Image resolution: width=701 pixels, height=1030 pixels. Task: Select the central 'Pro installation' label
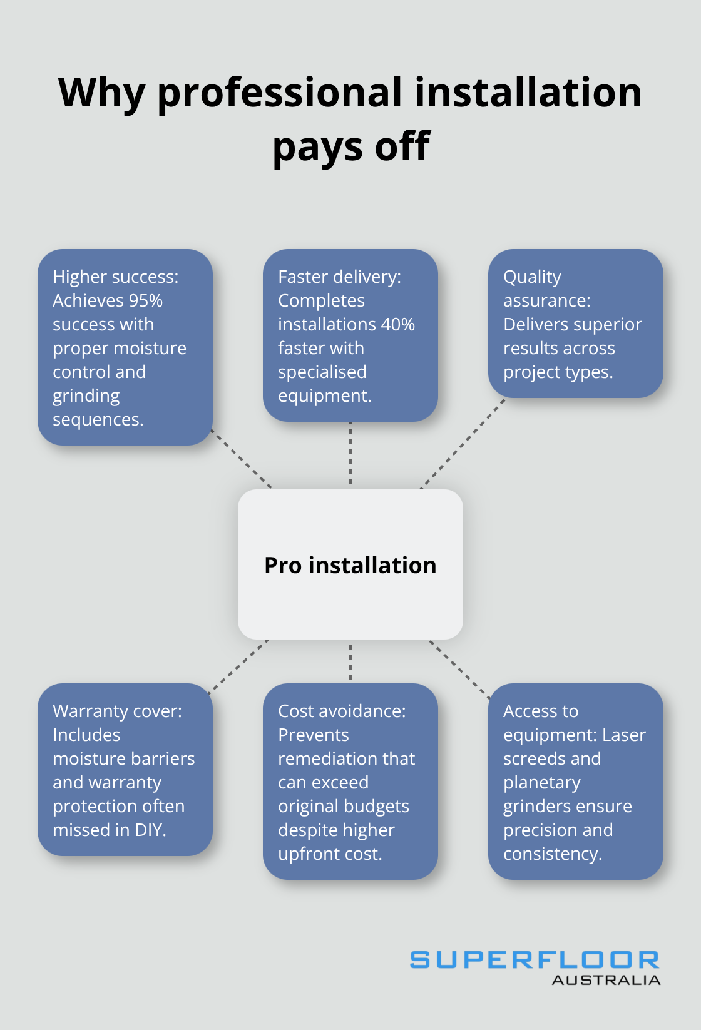pyautogui.click(x=350, y=565)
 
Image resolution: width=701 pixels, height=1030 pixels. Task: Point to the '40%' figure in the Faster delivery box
pyautogui.click(x=399, y=325)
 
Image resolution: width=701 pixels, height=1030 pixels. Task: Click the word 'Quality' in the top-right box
pyautogui.click(x=532, y=277)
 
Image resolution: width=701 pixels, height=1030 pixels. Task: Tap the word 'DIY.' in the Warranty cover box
pyautogui.click(x=150, y=830)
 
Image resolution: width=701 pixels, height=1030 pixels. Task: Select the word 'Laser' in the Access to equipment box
pyautogui.click(x=623, y=735)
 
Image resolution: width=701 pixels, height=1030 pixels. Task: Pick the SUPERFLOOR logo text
pyautogui.click(x=535, y=960)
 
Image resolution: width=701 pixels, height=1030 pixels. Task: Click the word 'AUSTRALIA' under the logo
pyautogui.click(x=605, y=981)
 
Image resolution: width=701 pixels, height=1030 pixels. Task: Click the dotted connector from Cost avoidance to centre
pyautogui.click(x=350, y=661)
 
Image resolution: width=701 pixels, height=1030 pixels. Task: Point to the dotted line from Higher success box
pyautogui.click(x=242, y=459)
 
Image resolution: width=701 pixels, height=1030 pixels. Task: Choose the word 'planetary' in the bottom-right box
pyautogui.click(x=542, y=783)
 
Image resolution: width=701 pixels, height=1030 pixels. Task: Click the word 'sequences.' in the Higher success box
pyautogui.click(x=98, y=420)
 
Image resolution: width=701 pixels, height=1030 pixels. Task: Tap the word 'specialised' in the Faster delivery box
pyautogui.click(x=322, y=372)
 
